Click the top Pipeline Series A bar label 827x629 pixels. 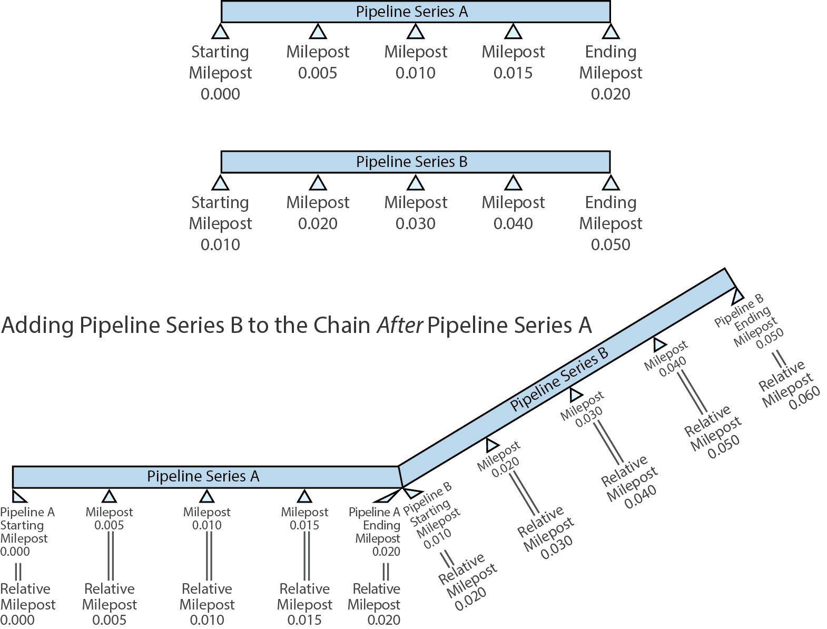pos(411,12)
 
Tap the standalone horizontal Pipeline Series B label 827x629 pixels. pos(411,162)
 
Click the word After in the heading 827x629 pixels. pos(400,326)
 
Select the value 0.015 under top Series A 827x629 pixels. pos(513,73)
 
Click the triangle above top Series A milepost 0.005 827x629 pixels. pos(318,32)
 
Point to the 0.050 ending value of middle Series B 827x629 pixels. pos(610,244)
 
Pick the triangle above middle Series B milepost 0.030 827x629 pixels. pos(416,183)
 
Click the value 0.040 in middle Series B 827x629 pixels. pos(513,223)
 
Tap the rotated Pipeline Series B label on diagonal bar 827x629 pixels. pos(559,378)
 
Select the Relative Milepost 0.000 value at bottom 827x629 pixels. pos(17,620)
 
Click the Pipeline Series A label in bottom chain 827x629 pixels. pos(203,476)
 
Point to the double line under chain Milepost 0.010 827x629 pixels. pos(209,555)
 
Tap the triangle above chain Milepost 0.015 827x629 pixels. pos(304,496)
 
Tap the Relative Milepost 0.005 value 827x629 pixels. pos(109,620)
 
